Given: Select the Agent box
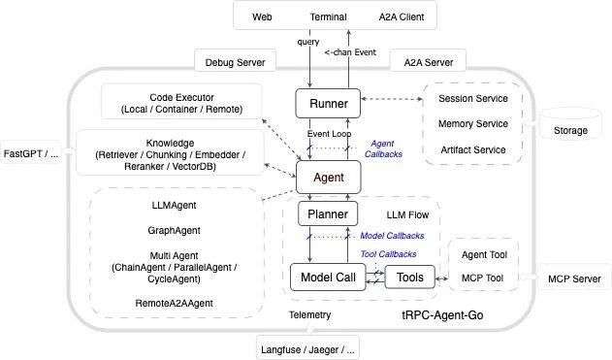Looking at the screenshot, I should pyautogui.click(x=328, y=177).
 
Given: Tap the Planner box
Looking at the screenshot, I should pyautogui.click(x=328, y=213).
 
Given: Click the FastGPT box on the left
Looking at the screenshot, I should pyautogui.click(x=31, y=153).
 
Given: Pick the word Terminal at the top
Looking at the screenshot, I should pyautogui.click(x=328, y=17).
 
